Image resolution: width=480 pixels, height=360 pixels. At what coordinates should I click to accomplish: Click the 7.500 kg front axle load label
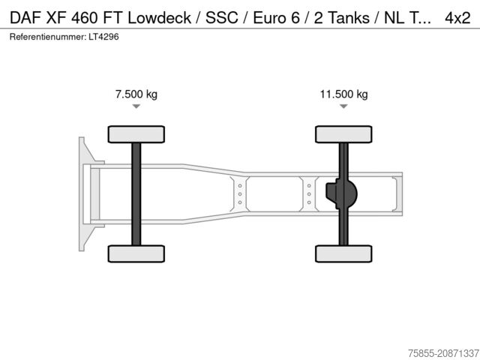[136, 94]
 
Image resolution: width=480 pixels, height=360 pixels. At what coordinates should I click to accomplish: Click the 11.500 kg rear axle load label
[343, 94]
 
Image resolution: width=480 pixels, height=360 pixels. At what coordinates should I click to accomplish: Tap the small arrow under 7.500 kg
[136, 106]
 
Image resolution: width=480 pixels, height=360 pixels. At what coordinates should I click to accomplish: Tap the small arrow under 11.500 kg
[343, 106]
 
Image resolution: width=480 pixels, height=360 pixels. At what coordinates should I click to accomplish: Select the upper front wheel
[136, 134]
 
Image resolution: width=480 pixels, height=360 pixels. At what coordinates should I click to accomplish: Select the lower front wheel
[136, 254]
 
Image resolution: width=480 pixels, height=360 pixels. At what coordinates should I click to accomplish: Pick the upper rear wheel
[343, 134]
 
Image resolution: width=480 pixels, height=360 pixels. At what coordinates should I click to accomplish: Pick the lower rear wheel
[343, 254]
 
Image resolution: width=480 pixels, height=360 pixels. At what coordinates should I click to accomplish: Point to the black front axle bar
[136, 194]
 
